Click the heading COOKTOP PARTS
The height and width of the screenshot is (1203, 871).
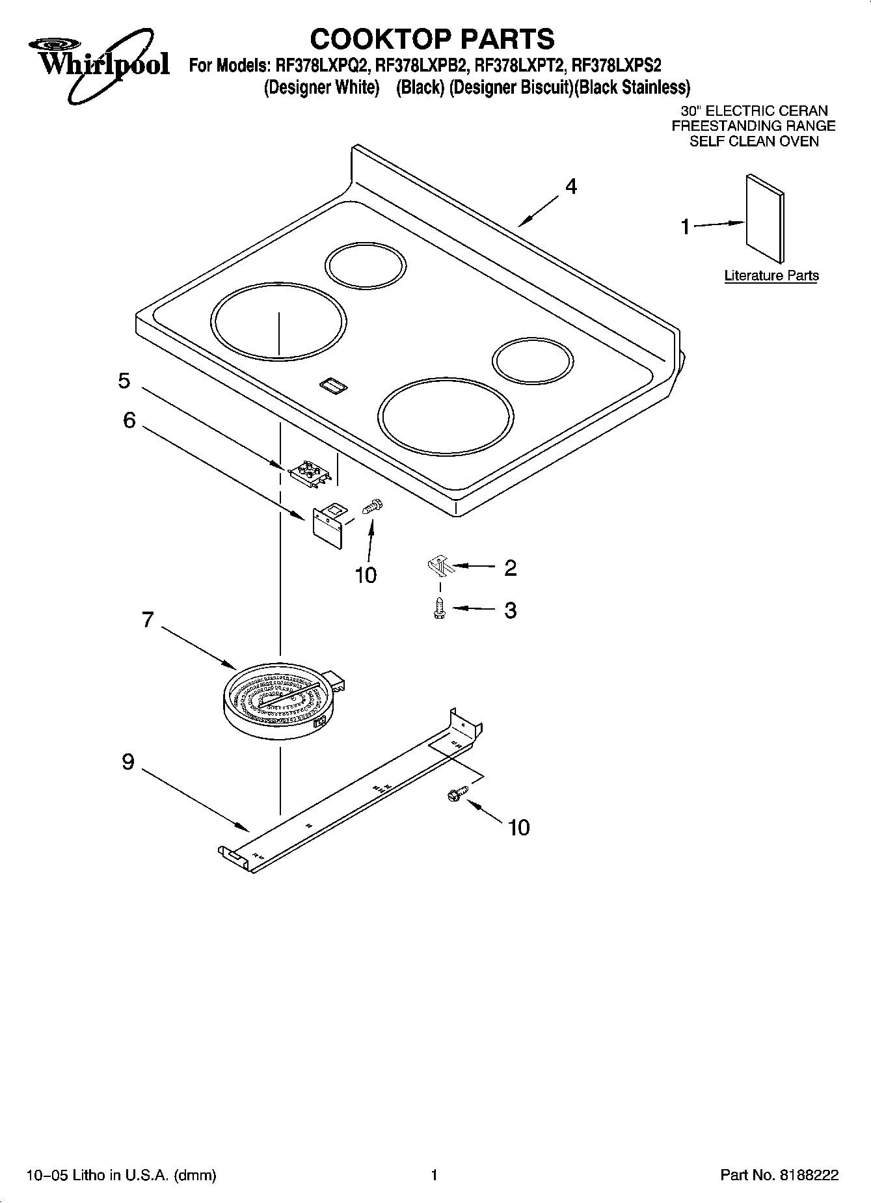pos(432,38)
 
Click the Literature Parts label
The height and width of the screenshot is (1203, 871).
pos(771,276)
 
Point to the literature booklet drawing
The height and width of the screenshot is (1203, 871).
pos(765,217)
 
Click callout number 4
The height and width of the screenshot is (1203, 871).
pos(570,187)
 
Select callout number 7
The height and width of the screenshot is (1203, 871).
pos(148,619)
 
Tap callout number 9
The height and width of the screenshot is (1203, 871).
pos(128,761)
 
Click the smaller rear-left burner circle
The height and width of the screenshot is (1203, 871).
pos(366,266)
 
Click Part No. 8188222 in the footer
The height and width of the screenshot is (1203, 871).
pos(779,1175)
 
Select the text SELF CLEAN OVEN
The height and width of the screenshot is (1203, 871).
pos(754,141)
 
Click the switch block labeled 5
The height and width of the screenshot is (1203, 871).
pos(309,471)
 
